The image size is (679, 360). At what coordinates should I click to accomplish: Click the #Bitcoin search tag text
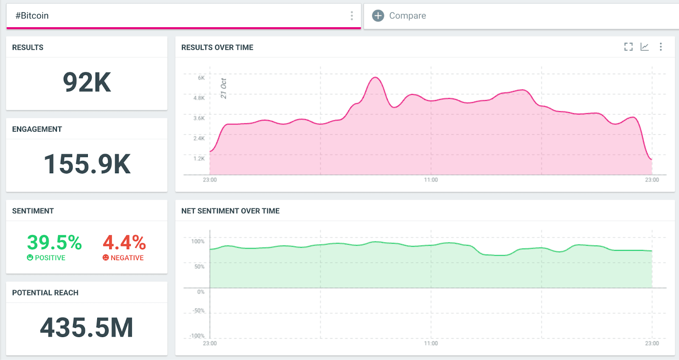pos(32,16)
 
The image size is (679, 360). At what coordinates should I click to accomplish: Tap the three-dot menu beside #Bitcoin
pos(351,16)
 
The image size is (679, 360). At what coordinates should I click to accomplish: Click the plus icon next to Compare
pos(378,16)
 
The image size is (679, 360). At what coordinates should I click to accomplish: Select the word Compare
pos(407,16)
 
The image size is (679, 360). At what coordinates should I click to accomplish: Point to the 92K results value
pos(87,82)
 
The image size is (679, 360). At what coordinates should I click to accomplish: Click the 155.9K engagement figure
pos(87,164)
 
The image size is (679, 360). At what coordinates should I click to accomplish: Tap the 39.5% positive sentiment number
pos(54,242)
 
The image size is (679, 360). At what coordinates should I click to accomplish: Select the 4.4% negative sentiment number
pos(124,242)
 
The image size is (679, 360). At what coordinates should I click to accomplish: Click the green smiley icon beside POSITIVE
pos(30,258)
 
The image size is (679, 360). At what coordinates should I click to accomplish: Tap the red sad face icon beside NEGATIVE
pos(106,258)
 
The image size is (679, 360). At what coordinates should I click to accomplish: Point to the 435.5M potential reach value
pos(87,328)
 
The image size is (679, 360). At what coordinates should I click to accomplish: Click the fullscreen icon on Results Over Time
pos(628,47)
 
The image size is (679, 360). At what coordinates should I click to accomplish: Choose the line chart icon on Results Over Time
pos(645,47)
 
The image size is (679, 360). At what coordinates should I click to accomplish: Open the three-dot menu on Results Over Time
pos(661,47)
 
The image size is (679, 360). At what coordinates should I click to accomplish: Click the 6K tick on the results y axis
pos(201,78)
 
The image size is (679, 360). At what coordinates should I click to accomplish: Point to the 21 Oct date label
pos(224,88)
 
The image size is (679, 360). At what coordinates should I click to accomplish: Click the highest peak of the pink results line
pos(375,77)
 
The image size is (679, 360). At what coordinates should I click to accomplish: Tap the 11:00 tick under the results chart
pos(431,180)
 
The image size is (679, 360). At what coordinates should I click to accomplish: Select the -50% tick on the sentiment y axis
pos(199,311)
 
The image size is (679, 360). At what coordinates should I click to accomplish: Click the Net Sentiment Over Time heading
pos(230,211)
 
